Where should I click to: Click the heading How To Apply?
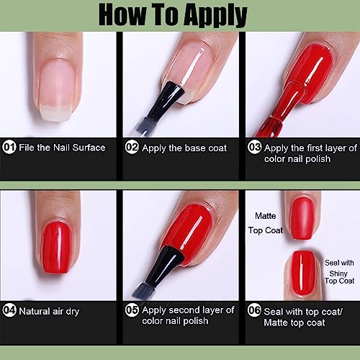tap(180, 14)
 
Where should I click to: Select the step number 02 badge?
tap(131, 148)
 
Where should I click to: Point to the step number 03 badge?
tap(254, 148)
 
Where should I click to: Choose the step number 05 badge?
tap(131, 310)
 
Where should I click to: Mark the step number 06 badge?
tap(254, 310)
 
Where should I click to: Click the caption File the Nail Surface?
tap(62, 148)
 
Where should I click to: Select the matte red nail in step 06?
tap(302, 220)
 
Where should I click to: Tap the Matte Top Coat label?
tap(268, 222)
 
